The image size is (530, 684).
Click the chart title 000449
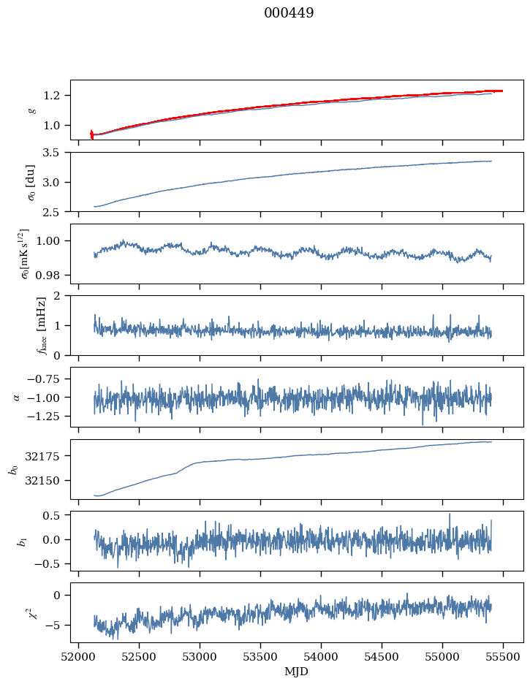tap(289, 13)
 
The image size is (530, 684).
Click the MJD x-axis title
tap(297, 672)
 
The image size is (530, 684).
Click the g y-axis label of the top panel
tap(31, 110)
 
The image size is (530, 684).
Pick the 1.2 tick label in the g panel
tap(56, 96)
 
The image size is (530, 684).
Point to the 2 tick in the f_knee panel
tap(61, 296)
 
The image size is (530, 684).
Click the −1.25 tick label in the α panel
tap(48, 416)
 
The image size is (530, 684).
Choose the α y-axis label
tap(17, 397)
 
